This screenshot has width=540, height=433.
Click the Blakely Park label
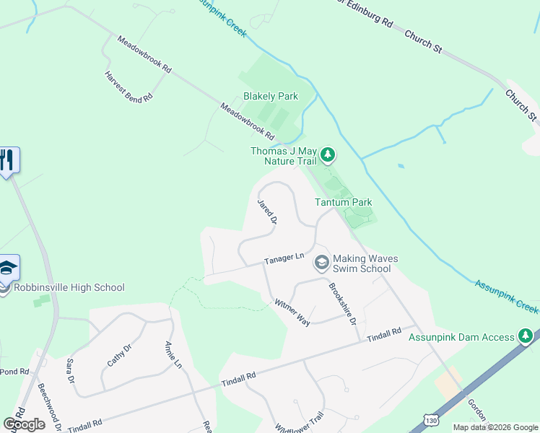click(271, 96)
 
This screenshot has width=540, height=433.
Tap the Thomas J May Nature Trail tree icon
click(328, 154)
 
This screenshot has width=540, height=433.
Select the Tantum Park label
click(344, 202)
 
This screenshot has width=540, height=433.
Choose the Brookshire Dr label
click(343, 303)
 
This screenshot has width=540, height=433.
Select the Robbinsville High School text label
click(69, 287)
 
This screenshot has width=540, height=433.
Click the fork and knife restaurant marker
click(8, 159)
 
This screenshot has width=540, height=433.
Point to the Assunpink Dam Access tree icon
click(526, 336)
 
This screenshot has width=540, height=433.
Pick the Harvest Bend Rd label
click(129, 86)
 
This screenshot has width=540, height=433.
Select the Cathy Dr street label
click(118, 356)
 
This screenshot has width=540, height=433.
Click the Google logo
click(24, 424)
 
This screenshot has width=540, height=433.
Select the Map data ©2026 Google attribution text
click(495, 427)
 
